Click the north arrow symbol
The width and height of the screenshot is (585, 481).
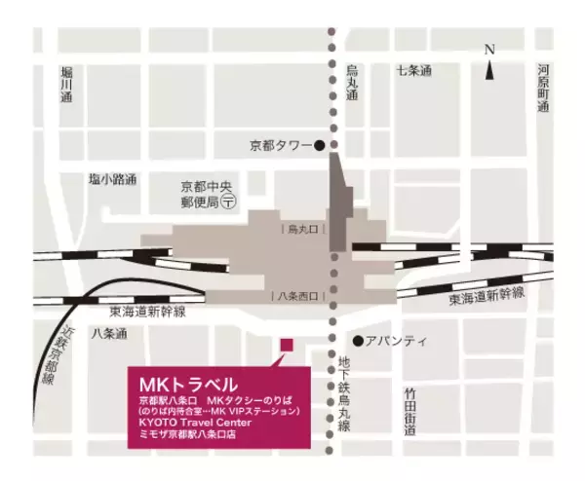490,64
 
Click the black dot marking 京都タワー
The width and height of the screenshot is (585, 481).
319,146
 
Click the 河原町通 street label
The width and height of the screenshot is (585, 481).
543,89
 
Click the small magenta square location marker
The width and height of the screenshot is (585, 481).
286,344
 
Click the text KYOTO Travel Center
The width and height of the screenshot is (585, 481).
195,423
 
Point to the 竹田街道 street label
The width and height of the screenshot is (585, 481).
410,409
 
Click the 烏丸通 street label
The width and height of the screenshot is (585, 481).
352,90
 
